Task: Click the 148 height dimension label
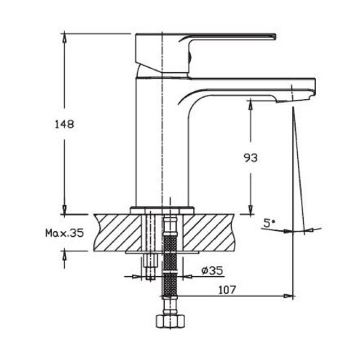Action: tap(64, 124)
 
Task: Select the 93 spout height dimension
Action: tap(251, 158)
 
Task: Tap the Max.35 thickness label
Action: tap(64, 233)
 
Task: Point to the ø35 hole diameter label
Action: tap(212, 270)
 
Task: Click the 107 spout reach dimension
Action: tap(227, 290)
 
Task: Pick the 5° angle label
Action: tap(269, 223)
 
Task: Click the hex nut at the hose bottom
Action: tap(170, 321)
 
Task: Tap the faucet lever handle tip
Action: tap(275, 37)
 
